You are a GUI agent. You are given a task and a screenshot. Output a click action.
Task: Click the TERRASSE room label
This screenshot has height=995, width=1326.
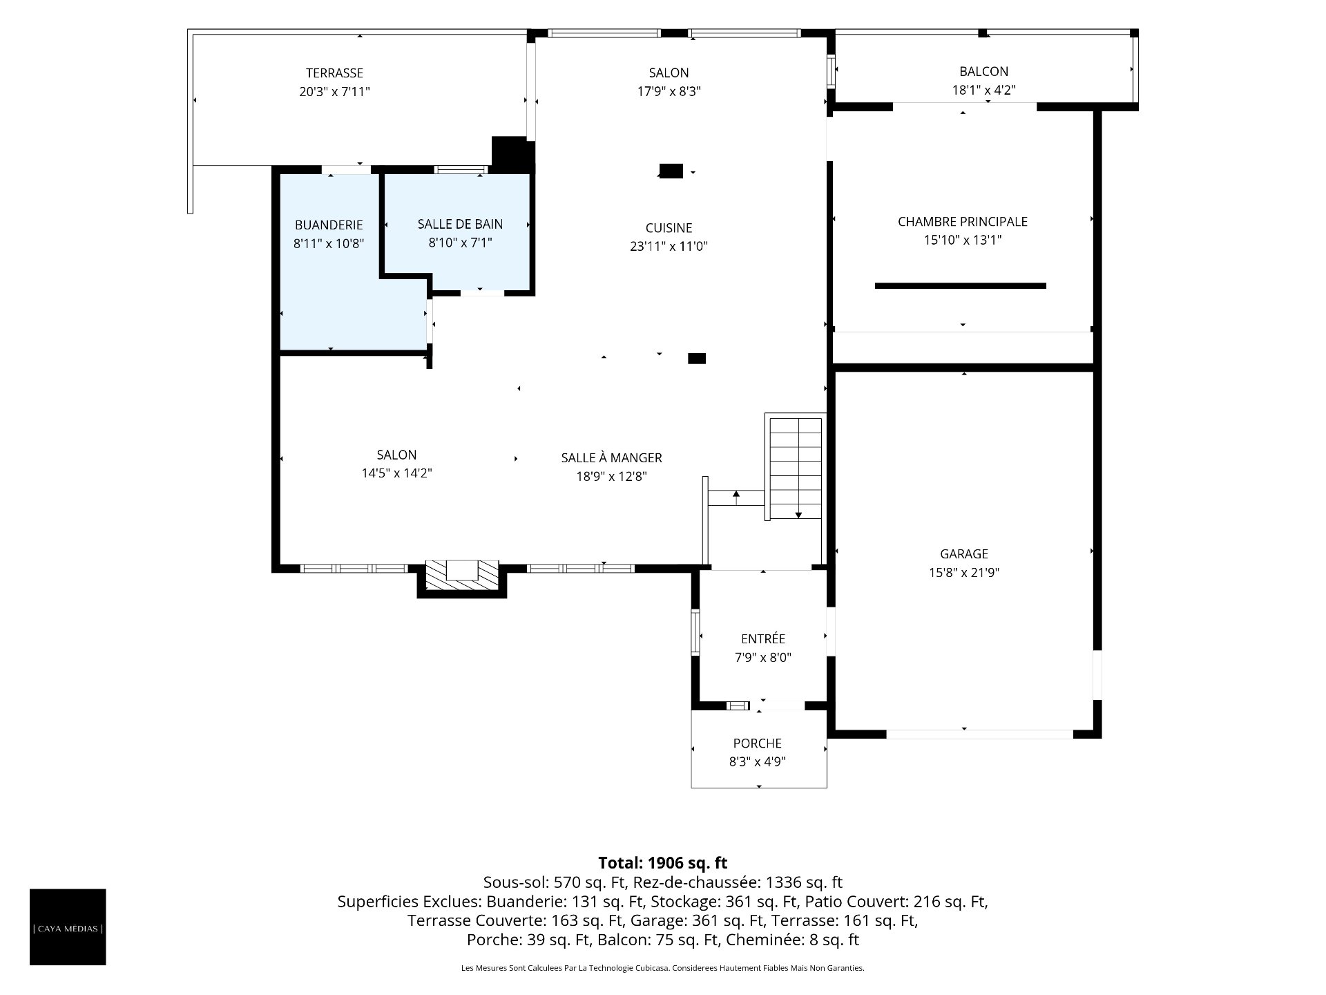tap(334, 73)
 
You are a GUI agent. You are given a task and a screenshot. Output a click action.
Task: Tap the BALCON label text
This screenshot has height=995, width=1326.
tap(983, 71)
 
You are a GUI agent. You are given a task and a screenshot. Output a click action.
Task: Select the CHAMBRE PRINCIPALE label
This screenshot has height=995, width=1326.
tap(963, 222)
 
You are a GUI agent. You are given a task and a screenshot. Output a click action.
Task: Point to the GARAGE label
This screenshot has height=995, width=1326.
tap(964, 554)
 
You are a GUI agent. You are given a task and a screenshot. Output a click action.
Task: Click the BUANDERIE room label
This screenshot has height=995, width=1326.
tap(329, 225)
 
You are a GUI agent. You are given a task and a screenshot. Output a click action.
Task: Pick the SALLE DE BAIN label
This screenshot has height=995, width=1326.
tap(460, 225)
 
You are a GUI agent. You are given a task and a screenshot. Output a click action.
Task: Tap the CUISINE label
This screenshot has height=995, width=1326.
tap(669, 228)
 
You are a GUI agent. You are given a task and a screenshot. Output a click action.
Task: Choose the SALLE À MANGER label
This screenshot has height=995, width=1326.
tap(611, 457)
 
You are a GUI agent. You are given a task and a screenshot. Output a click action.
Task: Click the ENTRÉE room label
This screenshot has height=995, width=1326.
tap(763, 639)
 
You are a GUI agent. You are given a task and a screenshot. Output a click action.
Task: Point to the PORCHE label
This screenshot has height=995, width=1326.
tap(758, 743)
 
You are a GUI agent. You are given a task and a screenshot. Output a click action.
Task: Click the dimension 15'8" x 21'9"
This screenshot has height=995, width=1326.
tap(964, 573)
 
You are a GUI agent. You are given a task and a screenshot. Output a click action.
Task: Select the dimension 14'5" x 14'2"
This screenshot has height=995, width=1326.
tap(396, 473)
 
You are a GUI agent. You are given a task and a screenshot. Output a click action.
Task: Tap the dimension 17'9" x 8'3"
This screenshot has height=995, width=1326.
tap(669, 91)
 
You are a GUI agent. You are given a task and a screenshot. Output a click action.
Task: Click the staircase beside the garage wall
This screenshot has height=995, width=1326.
tap(795, 466)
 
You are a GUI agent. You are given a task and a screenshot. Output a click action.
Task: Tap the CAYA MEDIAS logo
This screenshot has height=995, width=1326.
tap(68, 927)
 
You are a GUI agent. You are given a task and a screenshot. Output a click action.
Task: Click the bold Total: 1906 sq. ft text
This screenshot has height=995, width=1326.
tap(662, 863)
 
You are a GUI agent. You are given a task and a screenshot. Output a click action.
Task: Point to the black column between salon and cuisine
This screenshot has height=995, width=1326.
tap(671, 171)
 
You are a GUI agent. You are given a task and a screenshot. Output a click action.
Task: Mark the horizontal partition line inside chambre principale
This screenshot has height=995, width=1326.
tap(960, 285)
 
